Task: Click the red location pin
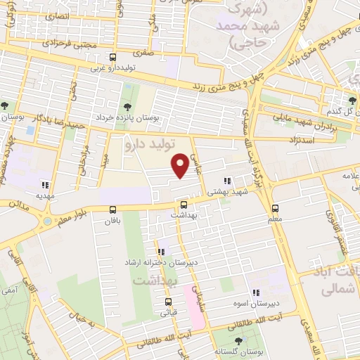181,165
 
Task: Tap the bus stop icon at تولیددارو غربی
112,58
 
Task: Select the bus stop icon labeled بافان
112,209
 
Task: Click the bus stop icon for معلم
275,208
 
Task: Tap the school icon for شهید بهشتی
226,180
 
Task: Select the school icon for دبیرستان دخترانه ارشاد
161,251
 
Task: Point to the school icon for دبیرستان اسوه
257,292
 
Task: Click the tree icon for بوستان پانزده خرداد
127,108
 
